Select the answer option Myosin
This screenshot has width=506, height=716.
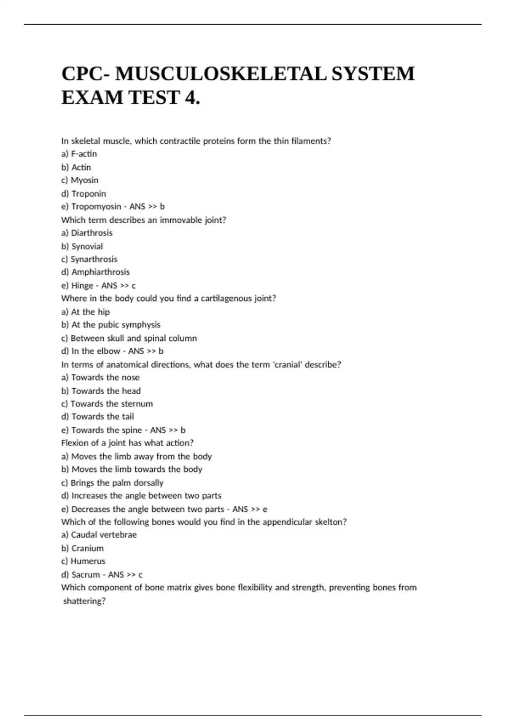pyautogui.click(x=84, y=180)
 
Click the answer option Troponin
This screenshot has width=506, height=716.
pyautogui.click(x=89, y=194)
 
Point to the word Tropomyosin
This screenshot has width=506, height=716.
pyautogui.click(x=96, y=207)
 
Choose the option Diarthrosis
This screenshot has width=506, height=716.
pyautogui.click(x=92, y=233)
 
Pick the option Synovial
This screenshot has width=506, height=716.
pyautogui.click(x=87, y=246)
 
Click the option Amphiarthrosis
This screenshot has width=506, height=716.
pyautogui.click(x=100, y=272)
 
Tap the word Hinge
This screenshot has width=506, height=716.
pyautogui.click(x=82, y=286)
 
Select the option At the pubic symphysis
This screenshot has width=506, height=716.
pyautogui.click(x=116, y=325)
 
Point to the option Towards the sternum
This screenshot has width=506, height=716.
pyautogui.click(x=111, y=404)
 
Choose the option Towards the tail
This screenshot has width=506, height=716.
pyautogui.click(x=102, y=417)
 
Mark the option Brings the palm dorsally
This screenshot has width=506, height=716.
pyautogui.click(x=117, y=483)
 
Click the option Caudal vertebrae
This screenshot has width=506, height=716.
pyautogui.click(x=104, y=535)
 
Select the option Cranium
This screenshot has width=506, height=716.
pyautogui.click(x=87, y=548)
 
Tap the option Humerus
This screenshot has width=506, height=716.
pyautogui.click(x=88, y=561)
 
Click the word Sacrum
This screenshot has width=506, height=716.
pyautogui.click(x=86, y=575)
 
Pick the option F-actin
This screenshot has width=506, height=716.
pyautogui.click(x=84, y=154)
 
